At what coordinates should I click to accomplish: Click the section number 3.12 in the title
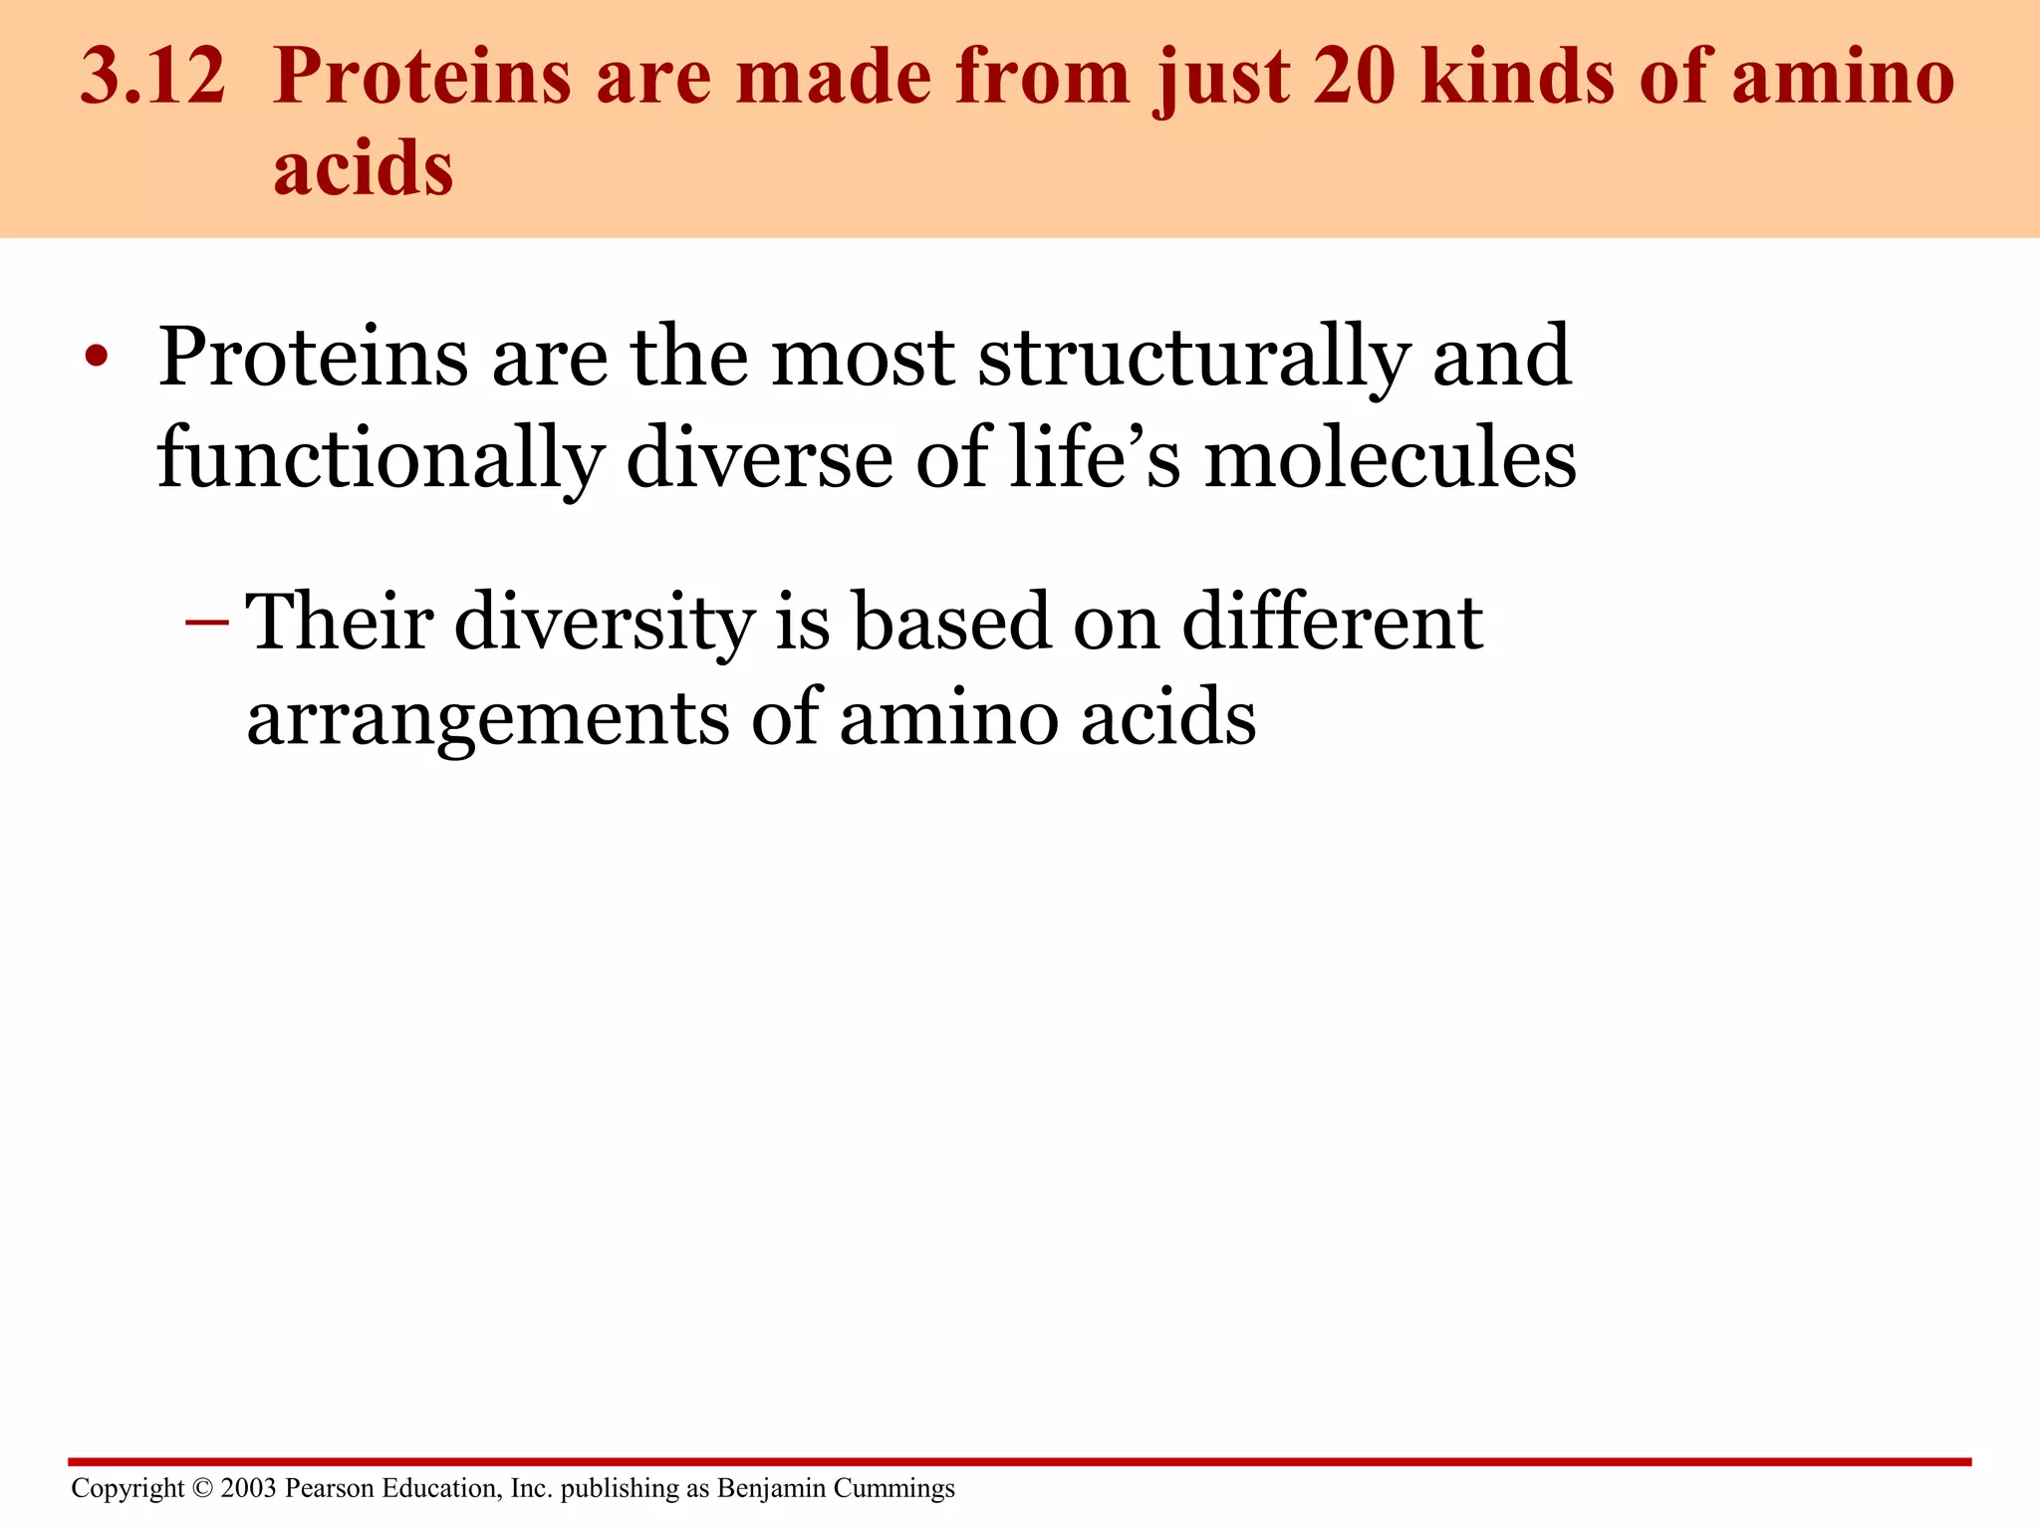coord(152,77)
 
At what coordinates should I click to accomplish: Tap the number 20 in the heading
coord(1354,77)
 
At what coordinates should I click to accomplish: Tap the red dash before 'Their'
coord(207,624)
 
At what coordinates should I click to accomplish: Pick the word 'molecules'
coord(1391,458)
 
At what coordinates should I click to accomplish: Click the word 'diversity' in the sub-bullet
coord(604,624)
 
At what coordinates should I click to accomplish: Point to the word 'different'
coord(1332,622)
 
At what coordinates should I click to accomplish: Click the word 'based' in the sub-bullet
coord(952,622)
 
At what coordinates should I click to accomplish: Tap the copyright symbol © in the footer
coord(202,1488)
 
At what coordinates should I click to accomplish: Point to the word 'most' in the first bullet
coord(863,359)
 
